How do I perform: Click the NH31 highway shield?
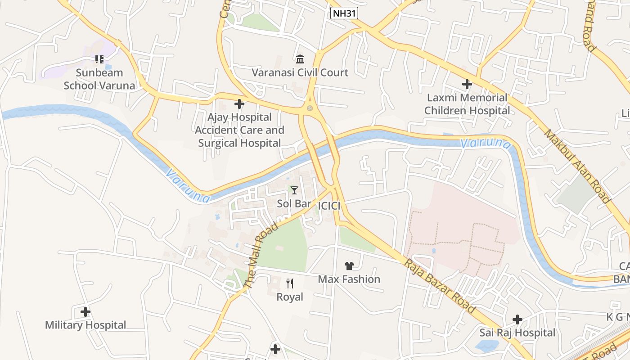(x=344, y=13)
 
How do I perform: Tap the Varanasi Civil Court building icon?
(x=300, y=59)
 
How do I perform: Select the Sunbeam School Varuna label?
(x=99, y=79)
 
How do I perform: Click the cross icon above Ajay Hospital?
(x=239, y=104)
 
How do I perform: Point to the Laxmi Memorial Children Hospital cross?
(x=467, y=84)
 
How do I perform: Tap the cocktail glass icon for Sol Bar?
(x=294, y=190)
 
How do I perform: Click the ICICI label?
(x=329, y=206)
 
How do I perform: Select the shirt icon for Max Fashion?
(x=349, y=266)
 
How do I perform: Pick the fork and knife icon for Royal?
(x=290, y=283)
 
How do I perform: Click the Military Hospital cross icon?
(x=85, y=311)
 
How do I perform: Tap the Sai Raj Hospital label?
(x=517, y=333)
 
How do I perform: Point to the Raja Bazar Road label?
(x=439, y=286)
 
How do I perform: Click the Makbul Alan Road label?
(x=577, y=166)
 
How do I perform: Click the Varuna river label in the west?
(x=188, y=185)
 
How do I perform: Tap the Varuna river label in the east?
(x=486, y=144)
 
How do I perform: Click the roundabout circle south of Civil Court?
(x=310, y=108)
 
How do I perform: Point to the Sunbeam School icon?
(x=99, y=59)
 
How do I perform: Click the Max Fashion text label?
(x=349, y=279)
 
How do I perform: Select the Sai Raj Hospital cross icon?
(x=517, y=319)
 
